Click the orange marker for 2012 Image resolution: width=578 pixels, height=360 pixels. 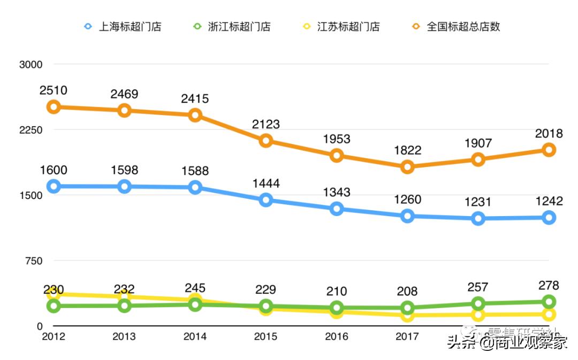(54, 107)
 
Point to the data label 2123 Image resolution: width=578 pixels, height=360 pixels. (266, 125)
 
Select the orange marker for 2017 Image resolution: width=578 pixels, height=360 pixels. (407, 167)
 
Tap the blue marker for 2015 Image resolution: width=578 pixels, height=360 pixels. (266, 200)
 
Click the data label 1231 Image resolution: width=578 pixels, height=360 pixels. (478, 203)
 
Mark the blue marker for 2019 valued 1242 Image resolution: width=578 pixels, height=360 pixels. (549, 218)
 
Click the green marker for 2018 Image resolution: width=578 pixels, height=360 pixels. (478, 304)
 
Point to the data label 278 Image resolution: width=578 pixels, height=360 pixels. (549, 285)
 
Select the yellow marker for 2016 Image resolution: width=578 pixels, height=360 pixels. (337, 312)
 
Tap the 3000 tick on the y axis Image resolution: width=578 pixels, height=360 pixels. (31, 65)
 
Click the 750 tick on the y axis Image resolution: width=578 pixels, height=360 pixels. (33, 261)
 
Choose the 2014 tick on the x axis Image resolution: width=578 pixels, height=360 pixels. (195, 337)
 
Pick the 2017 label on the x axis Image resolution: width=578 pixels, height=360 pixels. (407, 337)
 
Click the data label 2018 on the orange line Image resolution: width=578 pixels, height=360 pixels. (549, 134)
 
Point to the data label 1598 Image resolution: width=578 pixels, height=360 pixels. (124, 171)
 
